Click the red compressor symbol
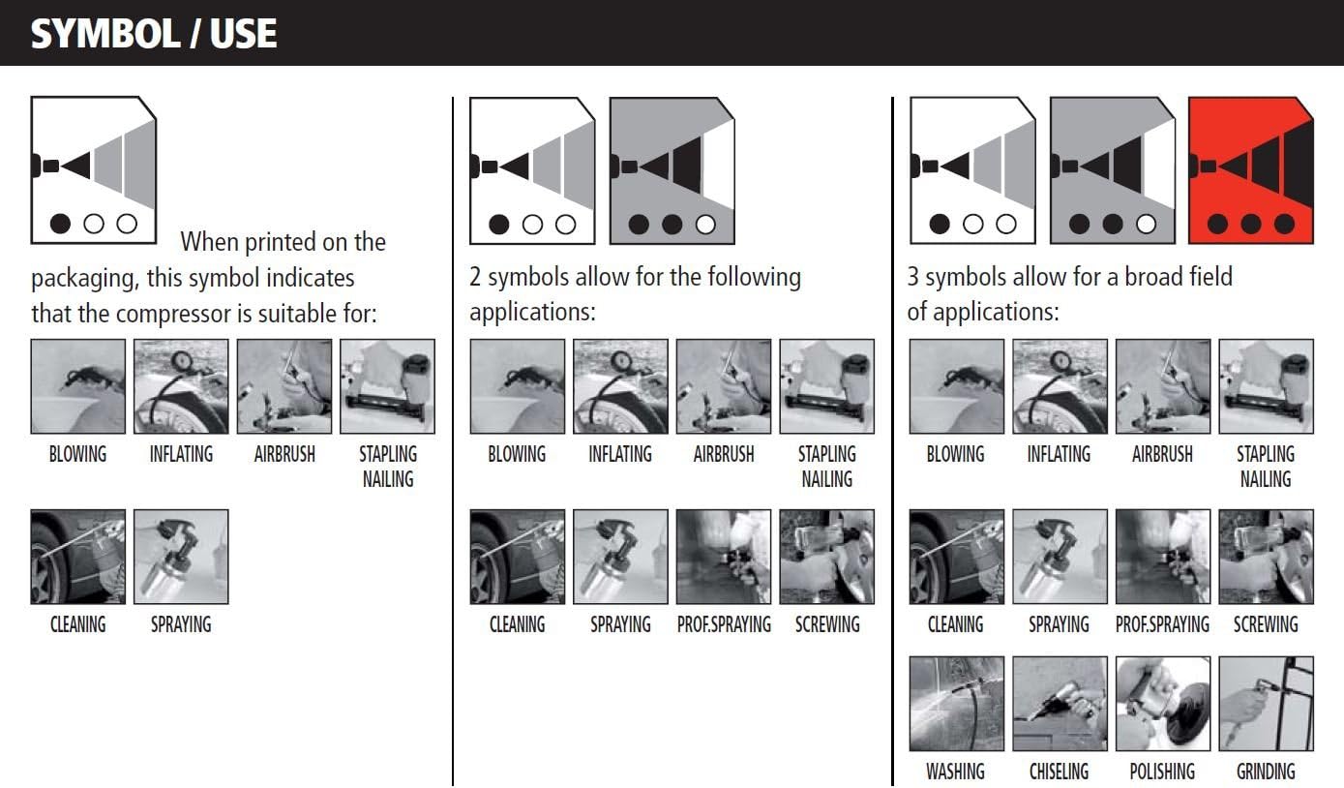click(1251, 170)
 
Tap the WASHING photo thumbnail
click(956, 704)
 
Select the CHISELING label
click(1059, 772)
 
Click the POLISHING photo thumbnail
click(1163, 704)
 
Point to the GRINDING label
click(1266, 772)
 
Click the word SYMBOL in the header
click(105, 34)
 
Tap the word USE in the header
click(243, 34)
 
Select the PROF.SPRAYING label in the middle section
click(724, 624)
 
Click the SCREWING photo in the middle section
click(826, 557)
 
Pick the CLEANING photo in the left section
click(78, 557)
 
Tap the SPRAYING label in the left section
click(181, 624)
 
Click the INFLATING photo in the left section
click(181, 386)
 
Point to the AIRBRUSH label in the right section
click(1163, 454)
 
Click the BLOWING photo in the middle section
click(518, 386)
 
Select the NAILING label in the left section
click(388, 479)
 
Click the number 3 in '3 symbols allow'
click(912, 277)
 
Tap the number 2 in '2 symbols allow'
click(475, 277)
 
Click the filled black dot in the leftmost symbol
click(60, 224)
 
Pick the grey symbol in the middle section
click(672, 170)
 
